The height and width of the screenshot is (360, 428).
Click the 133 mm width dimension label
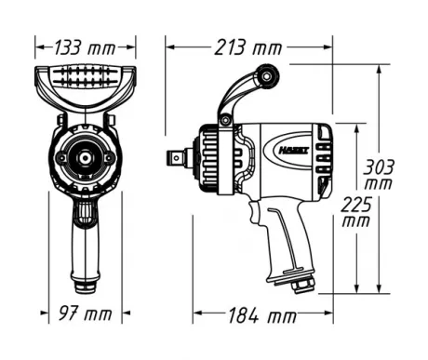[81, 47]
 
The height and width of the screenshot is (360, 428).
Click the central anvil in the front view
[82, 159]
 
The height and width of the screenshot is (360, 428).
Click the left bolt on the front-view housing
[59, 158]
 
